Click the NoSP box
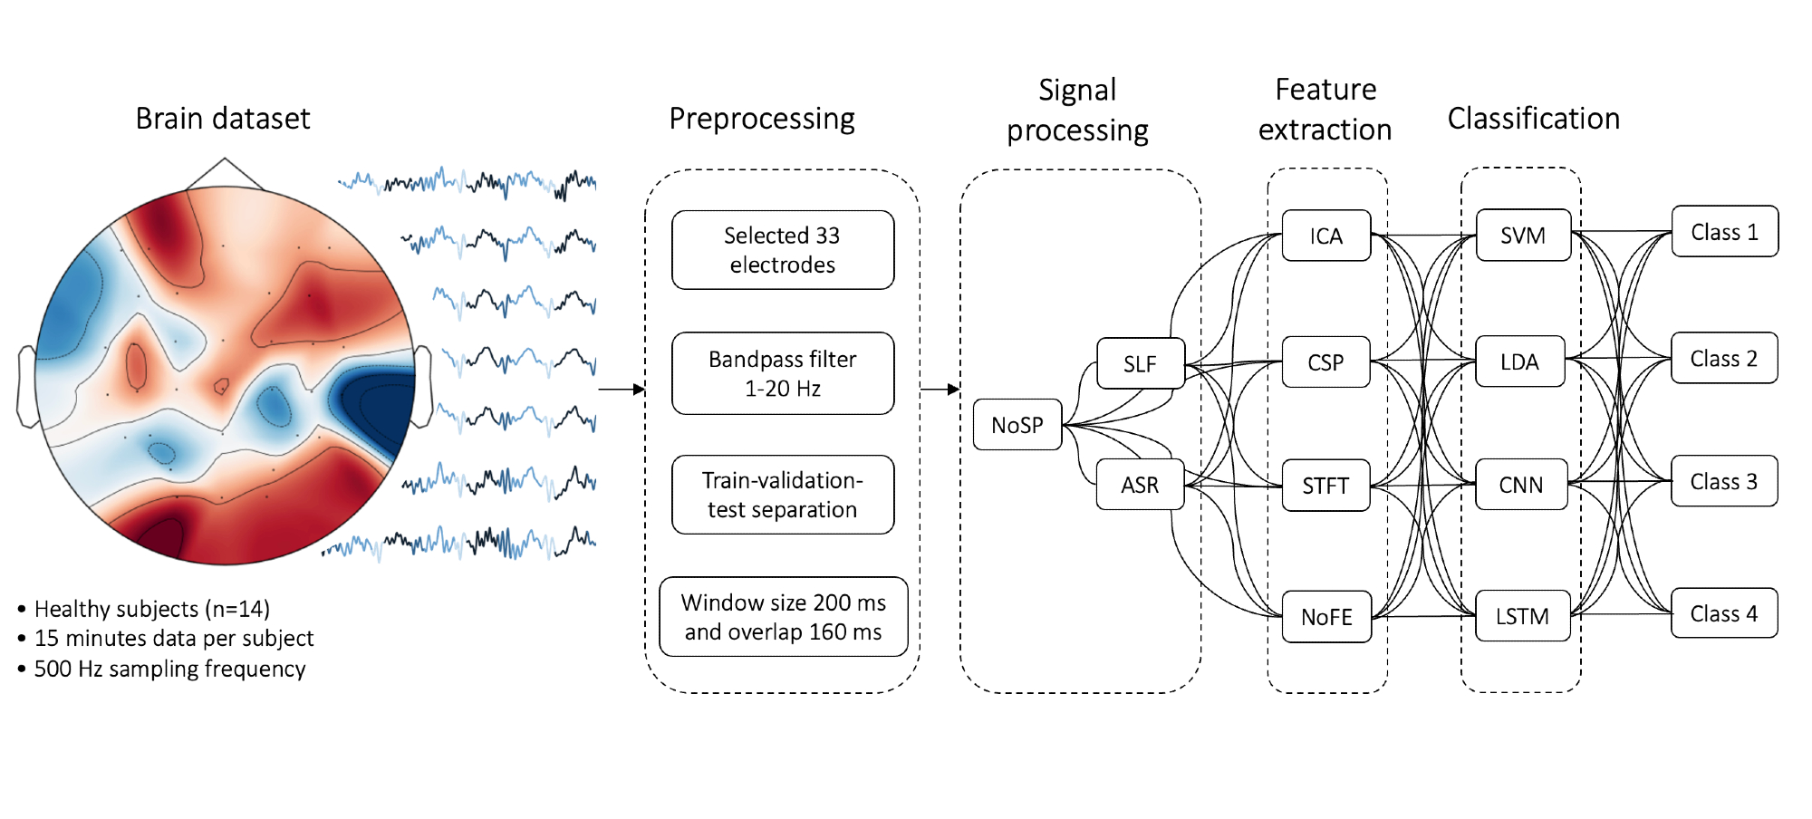tap(1017, 425)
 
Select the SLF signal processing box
tap(1140, 364)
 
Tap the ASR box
tap(1140, 486)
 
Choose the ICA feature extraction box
tap(1326, 236)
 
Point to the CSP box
tap(1325, 362)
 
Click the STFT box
tap(1325, 487)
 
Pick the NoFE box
tap(1326, 617)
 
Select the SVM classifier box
tap(1523, 236)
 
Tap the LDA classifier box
tap(1519, 362)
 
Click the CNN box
tap(1521, 486)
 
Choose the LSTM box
tap(1522, 617)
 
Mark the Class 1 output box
tap(1724, 232)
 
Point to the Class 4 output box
tap(1724, 613)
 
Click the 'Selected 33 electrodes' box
tap(783, 250)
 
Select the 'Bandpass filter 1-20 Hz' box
tap(783, 373)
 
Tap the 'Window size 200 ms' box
tap(783, 617)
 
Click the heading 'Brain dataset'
tap(223, 119)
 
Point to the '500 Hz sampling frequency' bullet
tap(169, 669)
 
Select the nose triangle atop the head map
tap(225, 173)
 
